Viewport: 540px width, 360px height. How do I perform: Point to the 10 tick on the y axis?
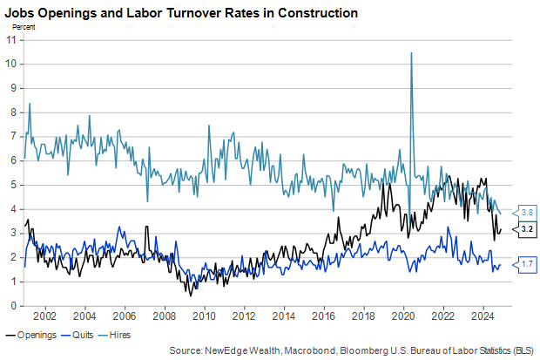[11, 64]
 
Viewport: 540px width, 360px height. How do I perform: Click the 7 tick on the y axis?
[13, 136]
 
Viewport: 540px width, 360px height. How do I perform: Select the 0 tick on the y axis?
[13, 306]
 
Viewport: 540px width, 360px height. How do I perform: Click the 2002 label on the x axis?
[45, 316]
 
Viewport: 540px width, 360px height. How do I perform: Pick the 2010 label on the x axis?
[205, 316]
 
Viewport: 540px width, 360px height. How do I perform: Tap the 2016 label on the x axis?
[324, 316]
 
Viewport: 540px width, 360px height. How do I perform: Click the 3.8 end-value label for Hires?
[527, 211]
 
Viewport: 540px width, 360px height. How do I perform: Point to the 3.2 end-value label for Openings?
[527, 228]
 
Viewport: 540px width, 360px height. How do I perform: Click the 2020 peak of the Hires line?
[411, 53]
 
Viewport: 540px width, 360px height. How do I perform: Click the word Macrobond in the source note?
[294, 350]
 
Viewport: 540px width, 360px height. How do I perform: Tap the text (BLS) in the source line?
[521, 350]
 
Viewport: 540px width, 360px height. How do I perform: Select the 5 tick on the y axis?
[13, 185]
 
